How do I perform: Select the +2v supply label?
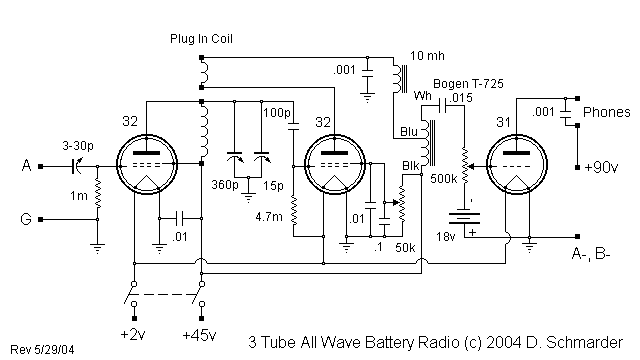click(133, 333)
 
